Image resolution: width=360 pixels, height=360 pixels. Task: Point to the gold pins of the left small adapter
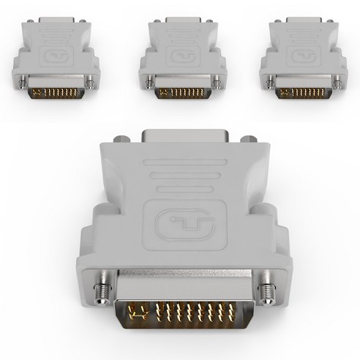(x=58, y=92)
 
